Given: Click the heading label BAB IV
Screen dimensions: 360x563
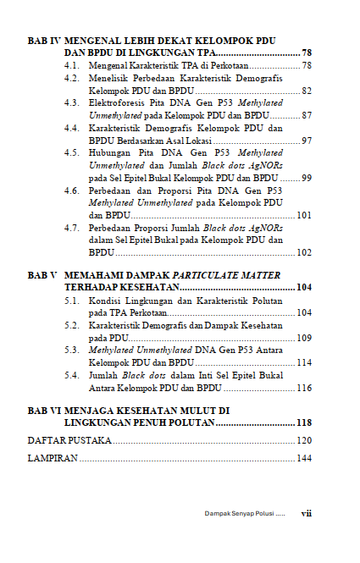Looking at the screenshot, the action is (x=43, y=41).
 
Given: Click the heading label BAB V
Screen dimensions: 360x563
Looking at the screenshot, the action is (x=42, y=276).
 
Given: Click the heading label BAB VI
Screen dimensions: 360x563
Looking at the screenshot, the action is (x=43, y=411).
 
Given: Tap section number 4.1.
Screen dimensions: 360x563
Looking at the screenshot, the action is (x=73, y=65).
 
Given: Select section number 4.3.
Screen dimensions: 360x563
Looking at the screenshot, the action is (x=73, y=102).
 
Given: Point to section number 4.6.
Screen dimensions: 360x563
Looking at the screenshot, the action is (x=73, y=190).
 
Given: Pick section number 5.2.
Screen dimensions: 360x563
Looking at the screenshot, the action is (x=73, y=325).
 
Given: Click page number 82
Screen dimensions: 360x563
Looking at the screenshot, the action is (x=307, y=91).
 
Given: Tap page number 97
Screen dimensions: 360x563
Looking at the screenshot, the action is (x=307, y=141).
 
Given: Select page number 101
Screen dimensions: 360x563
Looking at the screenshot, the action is (x=304, y=215).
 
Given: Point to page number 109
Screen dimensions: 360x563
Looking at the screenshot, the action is (x=304, y=338).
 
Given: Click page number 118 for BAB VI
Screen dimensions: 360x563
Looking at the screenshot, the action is (x=304, y=422).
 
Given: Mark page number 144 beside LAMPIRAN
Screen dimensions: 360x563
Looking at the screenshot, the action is (x=304, y=459).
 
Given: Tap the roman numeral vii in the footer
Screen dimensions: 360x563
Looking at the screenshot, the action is (x=307, y=513).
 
